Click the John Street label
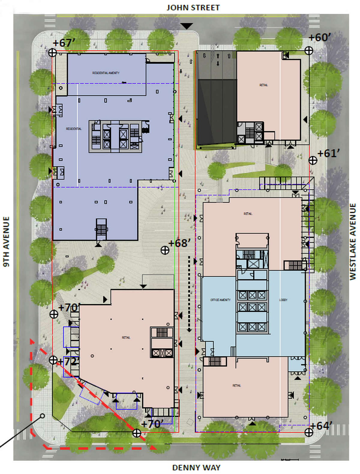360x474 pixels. click(x=193, y=7)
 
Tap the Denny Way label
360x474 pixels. click(x=196, y=467)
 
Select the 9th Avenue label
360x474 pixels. click(x=6, y=241)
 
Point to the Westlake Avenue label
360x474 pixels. click(x=353, y=241)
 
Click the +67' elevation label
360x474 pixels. click(x=63, y=43)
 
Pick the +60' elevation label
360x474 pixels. click(x=319, y=37)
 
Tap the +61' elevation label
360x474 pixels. click(x=328, y=153)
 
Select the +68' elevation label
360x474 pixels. click(x=179, y=243)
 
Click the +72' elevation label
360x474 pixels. click(x=69, y=361)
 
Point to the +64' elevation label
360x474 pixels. click(x=321, y=426)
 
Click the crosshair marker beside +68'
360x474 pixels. click(x=165, y=250)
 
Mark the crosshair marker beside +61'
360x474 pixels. click(x=313, y=160)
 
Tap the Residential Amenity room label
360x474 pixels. click(x=106, y=73)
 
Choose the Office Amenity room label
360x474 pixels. click(x=220, y=300)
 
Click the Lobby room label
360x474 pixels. click(x=283, y=300)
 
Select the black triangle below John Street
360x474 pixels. click(x=187, y=26)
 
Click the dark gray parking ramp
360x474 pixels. click(x=215, y=111)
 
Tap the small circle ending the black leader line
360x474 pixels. click(x=42, y=416)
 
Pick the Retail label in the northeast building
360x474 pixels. click(x=264, y=85)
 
